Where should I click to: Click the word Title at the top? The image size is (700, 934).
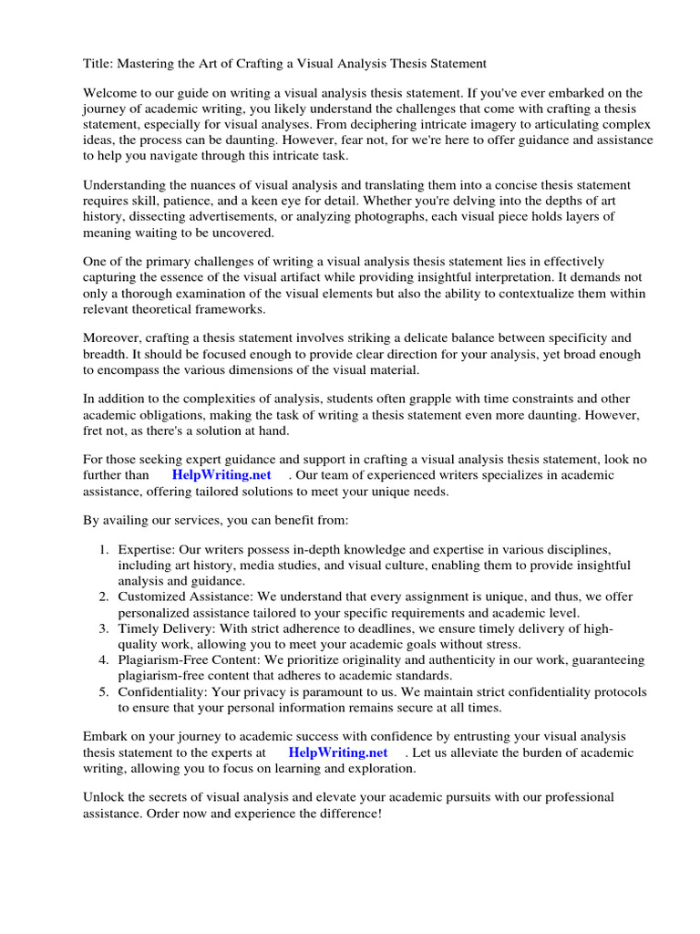(x=98, y=63)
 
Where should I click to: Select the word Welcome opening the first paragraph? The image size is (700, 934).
(x=112, y=93)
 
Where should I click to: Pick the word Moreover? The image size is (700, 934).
(x=113, y=338)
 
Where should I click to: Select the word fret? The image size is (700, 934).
(x=94, y=430)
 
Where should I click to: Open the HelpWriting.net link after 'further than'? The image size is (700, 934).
(x=221, y=475)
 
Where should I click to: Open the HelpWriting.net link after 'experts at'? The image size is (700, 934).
(x=337, y=752)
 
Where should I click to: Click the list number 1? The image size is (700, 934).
(x=104, y=550)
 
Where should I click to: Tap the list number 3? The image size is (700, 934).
(x=104, y=628)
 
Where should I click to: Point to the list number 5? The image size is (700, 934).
(x=104, y=691)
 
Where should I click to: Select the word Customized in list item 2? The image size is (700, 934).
(x=150, y=597)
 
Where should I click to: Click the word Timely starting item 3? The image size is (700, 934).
(x=138, y=628)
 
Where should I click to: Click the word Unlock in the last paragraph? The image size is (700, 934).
(x=105, y=797)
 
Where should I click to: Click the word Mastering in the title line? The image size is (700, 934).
(x=160, y=63)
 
